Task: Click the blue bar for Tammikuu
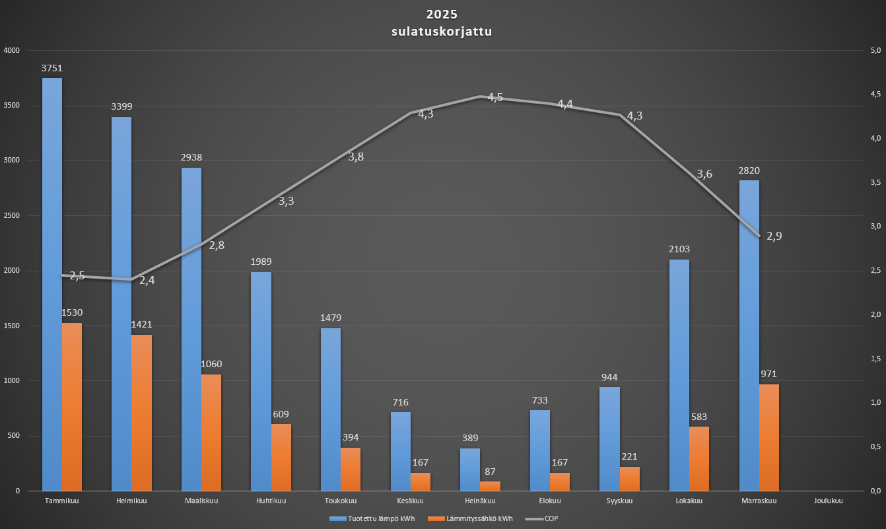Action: coord(52,284)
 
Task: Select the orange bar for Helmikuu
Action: coord(141,413)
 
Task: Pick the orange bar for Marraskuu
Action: coord(769,437)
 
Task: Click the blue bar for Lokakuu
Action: coord(679,375)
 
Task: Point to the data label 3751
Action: coord(51,67)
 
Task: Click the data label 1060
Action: coord(211,364)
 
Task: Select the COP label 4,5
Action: coord(495,97)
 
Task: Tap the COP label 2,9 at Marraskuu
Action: coord(774,236)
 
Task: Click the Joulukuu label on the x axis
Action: coord(829,501)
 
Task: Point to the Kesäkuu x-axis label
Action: coord(410,501)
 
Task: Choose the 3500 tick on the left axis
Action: coord(12,106)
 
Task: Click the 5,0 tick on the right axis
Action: coord(876,50)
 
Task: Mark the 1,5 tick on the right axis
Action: coord(876,359)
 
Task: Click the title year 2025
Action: coord(442,15)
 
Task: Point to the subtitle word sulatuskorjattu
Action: coord(442,32)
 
